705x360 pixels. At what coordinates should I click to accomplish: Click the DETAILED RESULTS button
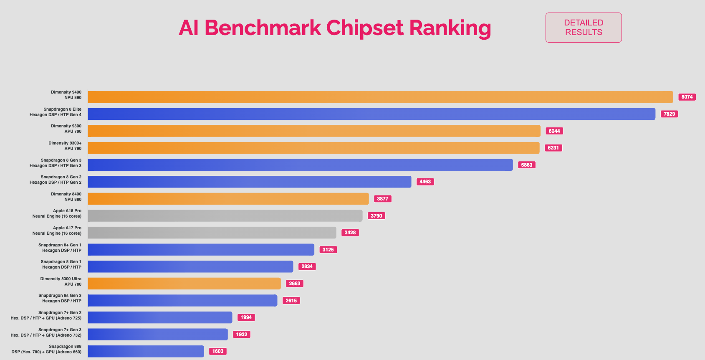point(583,28)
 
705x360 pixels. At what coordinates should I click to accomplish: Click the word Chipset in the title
point(364,28)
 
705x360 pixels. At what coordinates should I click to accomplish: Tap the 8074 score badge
point(687,97)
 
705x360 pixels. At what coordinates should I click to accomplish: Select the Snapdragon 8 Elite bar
point(371,114)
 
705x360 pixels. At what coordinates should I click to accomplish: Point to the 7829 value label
point(669,114)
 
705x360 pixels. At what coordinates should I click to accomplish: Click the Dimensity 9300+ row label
point(65,146)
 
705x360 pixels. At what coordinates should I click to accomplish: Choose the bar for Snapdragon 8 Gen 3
point(300,165)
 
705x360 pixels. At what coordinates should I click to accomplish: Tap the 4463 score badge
point(425,182)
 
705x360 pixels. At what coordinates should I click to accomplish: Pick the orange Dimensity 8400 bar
point(228,199)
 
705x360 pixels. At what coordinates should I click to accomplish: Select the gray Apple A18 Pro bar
point(225,216)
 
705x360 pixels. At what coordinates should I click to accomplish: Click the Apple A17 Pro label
point(57,231)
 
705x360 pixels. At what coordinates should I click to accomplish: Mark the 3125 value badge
point(328,250)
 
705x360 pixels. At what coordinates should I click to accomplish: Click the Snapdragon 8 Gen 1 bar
point(190,266)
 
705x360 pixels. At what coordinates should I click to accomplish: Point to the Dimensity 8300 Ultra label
point(61,281)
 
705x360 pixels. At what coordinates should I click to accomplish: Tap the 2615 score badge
point(291,301)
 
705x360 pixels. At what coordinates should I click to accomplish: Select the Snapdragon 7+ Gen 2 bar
point(160,317)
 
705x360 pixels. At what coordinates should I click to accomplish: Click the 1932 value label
point(242,335)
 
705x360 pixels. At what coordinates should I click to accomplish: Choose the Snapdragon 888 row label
point(47,349)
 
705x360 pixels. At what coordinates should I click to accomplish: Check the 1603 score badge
point(218,351)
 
